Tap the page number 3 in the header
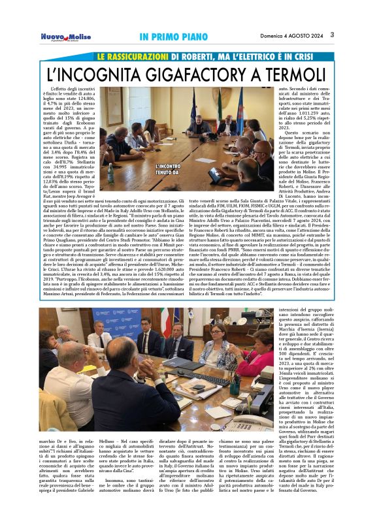pos(331,35)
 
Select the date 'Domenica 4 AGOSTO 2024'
pos(289,35)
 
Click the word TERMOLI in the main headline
pos(303,74)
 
